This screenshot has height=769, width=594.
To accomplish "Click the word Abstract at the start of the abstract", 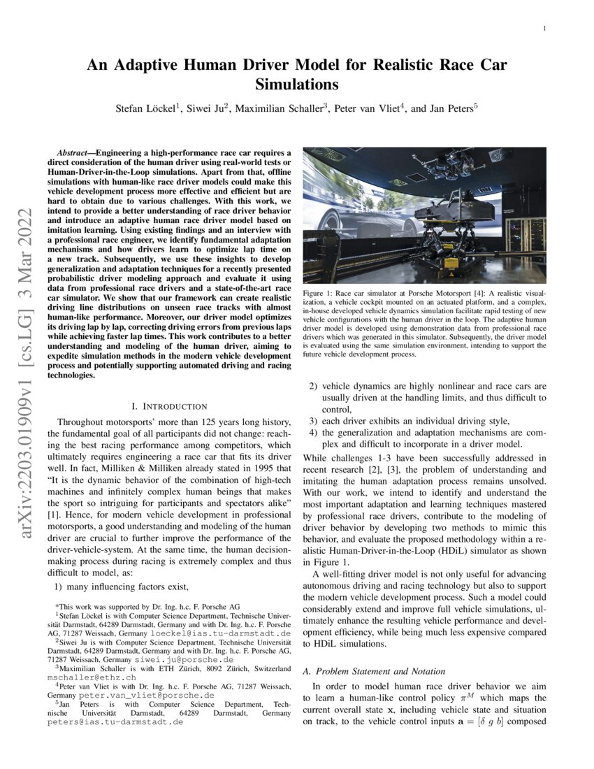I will tap(75, 152).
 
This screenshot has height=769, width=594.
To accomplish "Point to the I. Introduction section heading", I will tap(169, 406).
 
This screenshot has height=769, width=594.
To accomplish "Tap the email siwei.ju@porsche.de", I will tap(184, 659).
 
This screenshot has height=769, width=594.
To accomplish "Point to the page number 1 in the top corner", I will tap(543, 29).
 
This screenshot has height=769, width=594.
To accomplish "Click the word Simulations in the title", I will tap(296, 85).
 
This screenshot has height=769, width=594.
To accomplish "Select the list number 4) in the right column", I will tap(314, 432).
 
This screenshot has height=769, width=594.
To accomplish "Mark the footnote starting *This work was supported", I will tap(147, 606).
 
